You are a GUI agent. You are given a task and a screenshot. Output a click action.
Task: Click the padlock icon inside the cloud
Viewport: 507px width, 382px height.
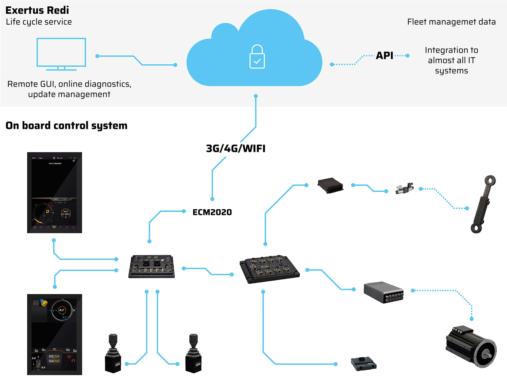coord(257,57)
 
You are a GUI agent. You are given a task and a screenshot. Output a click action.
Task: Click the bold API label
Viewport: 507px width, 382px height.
coord(384,56)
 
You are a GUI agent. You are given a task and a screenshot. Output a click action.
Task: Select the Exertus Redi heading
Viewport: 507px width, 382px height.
coord(37,10)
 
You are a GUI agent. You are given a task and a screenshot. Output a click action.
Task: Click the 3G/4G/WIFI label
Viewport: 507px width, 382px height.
coord(236,149)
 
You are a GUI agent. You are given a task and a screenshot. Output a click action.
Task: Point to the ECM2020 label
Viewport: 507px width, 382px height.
coord(212,212)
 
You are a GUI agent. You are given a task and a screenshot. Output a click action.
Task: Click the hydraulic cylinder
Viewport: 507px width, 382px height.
coord(483,204)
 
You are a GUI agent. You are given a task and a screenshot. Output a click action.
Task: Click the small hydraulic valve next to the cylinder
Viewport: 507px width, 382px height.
coord(404,188)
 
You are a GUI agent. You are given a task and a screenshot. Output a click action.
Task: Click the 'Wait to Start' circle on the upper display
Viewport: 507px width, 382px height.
coord(66,213)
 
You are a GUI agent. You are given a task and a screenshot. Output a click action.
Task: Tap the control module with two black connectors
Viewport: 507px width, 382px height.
coord(152,267)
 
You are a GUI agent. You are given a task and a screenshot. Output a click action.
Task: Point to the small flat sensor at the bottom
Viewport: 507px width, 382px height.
coord(364,364)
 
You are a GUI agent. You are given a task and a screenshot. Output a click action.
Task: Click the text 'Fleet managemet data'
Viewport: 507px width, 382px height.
coord(451,22)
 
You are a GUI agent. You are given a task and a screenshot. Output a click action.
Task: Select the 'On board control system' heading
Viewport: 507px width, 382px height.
coord(66,125)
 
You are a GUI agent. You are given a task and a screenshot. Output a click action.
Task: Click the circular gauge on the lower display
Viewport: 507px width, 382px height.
coord(62,310)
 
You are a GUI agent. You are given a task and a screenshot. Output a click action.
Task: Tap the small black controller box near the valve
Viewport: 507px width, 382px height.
coord(330,186)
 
